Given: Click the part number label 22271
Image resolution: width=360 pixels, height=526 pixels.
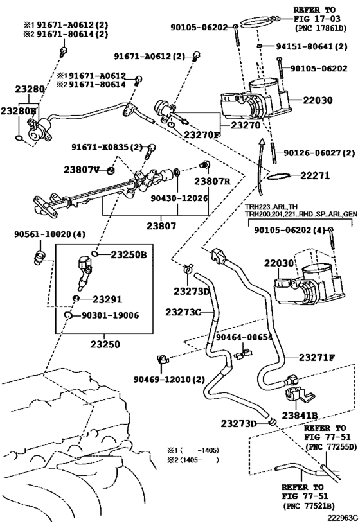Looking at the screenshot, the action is [x=314, y=175].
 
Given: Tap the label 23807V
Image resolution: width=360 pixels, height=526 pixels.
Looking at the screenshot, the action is [x=82, y=170].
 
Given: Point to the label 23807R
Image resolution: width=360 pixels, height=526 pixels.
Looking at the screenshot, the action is [x=212, y=181].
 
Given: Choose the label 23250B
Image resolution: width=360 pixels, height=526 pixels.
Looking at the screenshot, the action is [x=129, y=255].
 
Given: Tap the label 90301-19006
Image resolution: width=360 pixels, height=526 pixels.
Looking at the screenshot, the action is [x=110, y=315].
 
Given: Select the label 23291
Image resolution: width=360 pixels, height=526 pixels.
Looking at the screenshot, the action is [x=107, y=299].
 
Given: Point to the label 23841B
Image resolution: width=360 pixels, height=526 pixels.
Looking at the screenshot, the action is [x=300, y=416].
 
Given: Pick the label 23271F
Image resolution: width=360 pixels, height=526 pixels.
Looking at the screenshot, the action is [x=317, y=358].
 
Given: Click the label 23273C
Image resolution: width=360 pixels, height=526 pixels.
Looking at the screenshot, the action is [x=183, y=312].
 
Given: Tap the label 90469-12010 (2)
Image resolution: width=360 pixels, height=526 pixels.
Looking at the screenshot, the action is [x=169, y=380].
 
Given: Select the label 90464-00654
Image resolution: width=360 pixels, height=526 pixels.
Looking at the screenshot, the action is [x=244, y=337].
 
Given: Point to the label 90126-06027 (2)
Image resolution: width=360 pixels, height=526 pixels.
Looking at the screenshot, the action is [x=319, y=153].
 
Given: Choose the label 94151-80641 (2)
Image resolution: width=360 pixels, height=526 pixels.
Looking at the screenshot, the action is [x=312, y=46].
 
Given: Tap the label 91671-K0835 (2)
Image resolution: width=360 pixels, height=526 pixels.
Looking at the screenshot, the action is [x=107, y=147].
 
